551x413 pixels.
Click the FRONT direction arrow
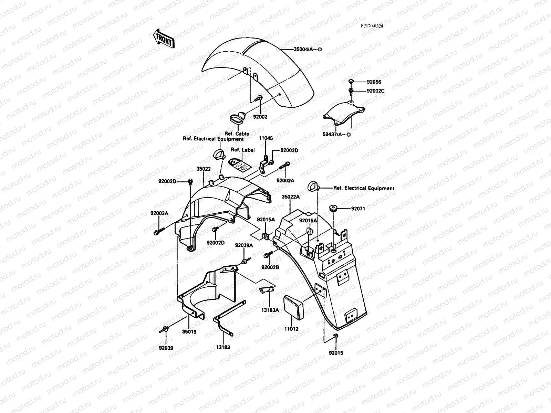click(x=164, y=38)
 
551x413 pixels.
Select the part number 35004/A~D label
click(x=308, y=50)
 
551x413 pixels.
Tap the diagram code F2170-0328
click(x=372, y=26)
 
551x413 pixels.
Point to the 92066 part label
click(x=374, y=82)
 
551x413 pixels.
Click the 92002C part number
click(x=375, y=91)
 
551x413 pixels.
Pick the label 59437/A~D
click(x=336, y=135)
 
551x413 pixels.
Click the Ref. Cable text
click(x=237, y=134)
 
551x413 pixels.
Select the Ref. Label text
click(x=242, y=150)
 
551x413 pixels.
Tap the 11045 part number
click(x=266, y=138)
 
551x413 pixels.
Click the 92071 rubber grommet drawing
click(x=333, y=209)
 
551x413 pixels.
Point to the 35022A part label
click(x=291, y=197)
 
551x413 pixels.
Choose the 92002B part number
click(x=270, y=267)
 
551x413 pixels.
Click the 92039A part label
click(x=244, y=245)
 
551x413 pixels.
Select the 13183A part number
click(x=270, y=310)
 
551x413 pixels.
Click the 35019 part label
click(x=189, y=332)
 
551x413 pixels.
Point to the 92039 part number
click(x=166, y=348)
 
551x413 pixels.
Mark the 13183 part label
click(x=223, y=347)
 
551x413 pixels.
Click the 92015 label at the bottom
click(x=336, y=353)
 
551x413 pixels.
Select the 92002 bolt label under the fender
click(x=260, y=117)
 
